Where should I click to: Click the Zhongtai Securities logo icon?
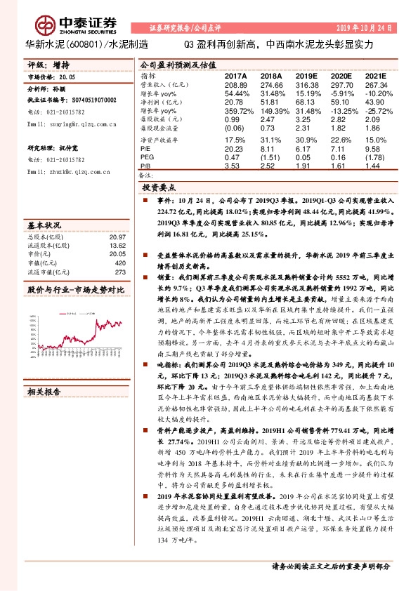tap(44, 26)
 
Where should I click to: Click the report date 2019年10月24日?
tap(370, 27)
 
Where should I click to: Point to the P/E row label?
tap(145, 148)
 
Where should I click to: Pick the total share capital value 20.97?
tap(117, 237)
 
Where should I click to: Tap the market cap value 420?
tap(119, 264)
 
